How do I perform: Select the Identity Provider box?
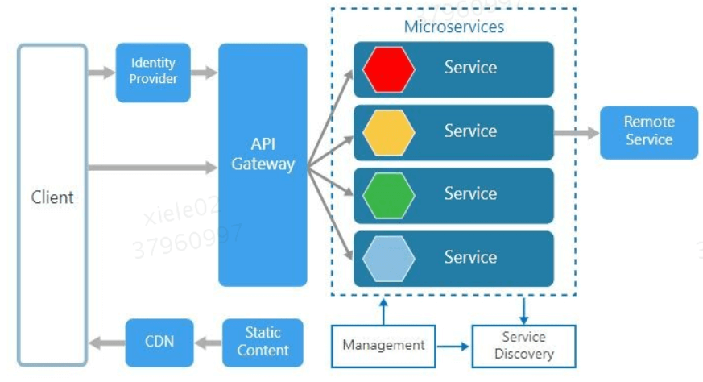(153, 72)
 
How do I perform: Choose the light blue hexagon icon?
(388, 258)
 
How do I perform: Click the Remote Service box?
(648, 131)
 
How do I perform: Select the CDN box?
(160, 342)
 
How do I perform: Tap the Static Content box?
(263, 342)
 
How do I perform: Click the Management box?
(383, 346)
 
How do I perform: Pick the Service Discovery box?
(523, 346)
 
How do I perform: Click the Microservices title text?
(454, 27)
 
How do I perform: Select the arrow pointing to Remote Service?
(576, 131)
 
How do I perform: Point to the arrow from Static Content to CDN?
(209, 343)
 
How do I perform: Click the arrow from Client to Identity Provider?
(101, 73)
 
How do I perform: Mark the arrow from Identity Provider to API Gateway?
(205, 73)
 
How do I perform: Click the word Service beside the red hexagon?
(470, 68)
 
